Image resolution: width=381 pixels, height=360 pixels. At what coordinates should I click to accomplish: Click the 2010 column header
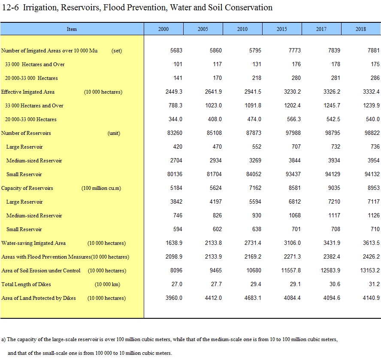point(242,29)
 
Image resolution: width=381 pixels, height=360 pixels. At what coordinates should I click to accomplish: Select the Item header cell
point(72,29)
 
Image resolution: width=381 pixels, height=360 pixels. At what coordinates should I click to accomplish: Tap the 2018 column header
point(361,29)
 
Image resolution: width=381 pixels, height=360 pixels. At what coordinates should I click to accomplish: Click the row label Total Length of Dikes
point(26,284)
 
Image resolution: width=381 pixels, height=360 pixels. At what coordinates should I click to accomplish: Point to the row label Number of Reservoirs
point(26,133)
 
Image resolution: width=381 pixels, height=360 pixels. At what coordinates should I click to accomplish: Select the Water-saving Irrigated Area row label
point(33,243)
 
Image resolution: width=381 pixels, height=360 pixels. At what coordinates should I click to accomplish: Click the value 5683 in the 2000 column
point(176,50)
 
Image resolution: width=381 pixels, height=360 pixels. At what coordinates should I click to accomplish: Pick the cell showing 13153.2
point(369,271)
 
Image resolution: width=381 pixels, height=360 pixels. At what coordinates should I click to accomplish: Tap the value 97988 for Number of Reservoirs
point(293,133)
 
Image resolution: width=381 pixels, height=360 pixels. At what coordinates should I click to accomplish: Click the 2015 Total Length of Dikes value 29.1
point(295,284)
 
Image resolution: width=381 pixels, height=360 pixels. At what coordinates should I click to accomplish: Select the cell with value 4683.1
point(253,298)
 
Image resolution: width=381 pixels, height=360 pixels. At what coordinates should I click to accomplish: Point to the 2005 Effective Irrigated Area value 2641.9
point(213,92)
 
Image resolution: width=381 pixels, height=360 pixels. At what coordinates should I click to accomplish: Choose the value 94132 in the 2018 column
point(372,174)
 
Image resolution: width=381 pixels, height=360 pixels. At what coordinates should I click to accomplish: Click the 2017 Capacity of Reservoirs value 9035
point(334,188)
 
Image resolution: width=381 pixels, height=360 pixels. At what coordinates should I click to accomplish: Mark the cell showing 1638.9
point(174,243)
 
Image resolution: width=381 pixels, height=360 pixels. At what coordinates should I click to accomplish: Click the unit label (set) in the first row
point(117,51)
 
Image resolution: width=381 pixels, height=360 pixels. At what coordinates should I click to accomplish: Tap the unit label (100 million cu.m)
point(101,188)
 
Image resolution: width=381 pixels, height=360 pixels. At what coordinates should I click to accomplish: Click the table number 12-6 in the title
point(10,8)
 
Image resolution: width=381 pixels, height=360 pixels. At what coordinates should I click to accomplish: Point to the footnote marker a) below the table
point(3,339)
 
